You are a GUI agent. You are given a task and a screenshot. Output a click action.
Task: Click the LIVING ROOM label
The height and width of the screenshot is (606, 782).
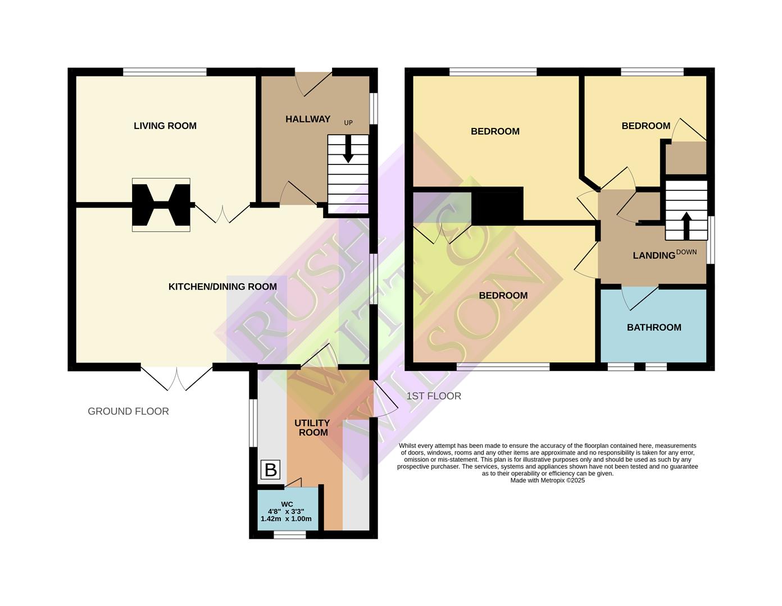point(165,126)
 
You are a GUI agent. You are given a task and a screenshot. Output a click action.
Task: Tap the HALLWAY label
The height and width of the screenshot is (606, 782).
point(307,119)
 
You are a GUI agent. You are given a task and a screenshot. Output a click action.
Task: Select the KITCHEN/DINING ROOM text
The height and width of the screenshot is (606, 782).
point(222,287)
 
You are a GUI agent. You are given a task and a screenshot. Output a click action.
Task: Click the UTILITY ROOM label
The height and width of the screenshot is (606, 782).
point(312,428)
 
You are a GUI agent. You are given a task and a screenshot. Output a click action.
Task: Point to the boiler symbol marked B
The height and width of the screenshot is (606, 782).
point(270,470)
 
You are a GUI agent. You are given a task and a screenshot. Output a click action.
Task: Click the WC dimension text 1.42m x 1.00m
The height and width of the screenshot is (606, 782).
point(286,519)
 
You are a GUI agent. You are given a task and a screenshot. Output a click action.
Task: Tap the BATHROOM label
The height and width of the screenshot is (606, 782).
point(653,327)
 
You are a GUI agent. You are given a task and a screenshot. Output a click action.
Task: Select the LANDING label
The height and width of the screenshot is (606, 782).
point(653,256)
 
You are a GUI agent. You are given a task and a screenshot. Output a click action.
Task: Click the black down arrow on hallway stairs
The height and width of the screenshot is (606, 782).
point(348,150)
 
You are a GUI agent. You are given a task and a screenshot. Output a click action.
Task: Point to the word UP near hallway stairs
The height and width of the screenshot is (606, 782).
point(348,122)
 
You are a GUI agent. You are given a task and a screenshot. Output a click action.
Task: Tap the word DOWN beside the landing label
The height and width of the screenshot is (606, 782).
point(686,252)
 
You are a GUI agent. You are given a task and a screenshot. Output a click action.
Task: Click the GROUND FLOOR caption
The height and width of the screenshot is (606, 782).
point(128,411)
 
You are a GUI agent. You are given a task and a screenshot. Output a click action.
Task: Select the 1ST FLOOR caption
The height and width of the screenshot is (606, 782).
point(434,396)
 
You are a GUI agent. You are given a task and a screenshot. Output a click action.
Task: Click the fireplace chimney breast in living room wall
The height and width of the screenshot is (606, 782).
point(161,205)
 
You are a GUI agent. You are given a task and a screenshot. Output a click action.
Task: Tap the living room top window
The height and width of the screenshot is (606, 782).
point(165,72)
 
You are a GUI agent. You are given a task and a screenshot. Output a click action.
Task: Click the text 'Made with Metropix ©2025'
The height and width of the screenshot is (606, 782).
point(547,480)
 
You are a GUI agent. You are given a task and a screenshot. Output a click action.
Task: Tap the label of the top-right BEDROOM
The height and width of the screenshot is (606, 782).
point(645,126)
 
